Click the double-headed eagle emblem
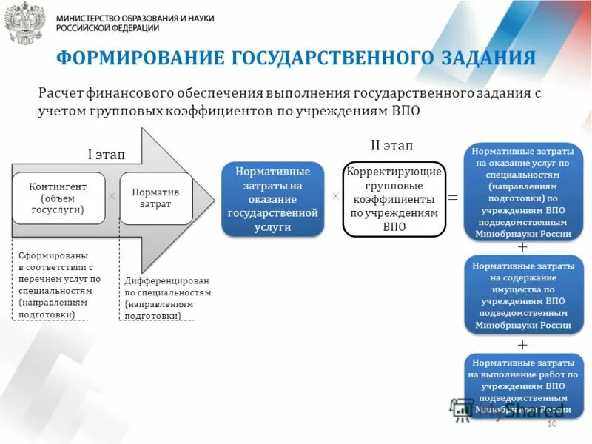24,22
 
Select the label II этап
391,146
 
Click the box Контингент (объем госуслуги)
58,198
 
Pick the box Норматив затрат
155,198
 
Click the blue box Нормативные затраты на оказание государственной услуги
273,199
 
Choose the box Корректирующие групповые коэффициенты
394,199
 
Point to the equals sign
453,198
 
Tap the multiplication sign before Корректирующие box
335,196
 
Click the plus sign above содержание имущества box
522,246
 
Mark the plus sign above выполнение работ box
522,345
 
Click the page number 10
551,423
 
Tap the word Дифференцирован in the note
166,280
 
